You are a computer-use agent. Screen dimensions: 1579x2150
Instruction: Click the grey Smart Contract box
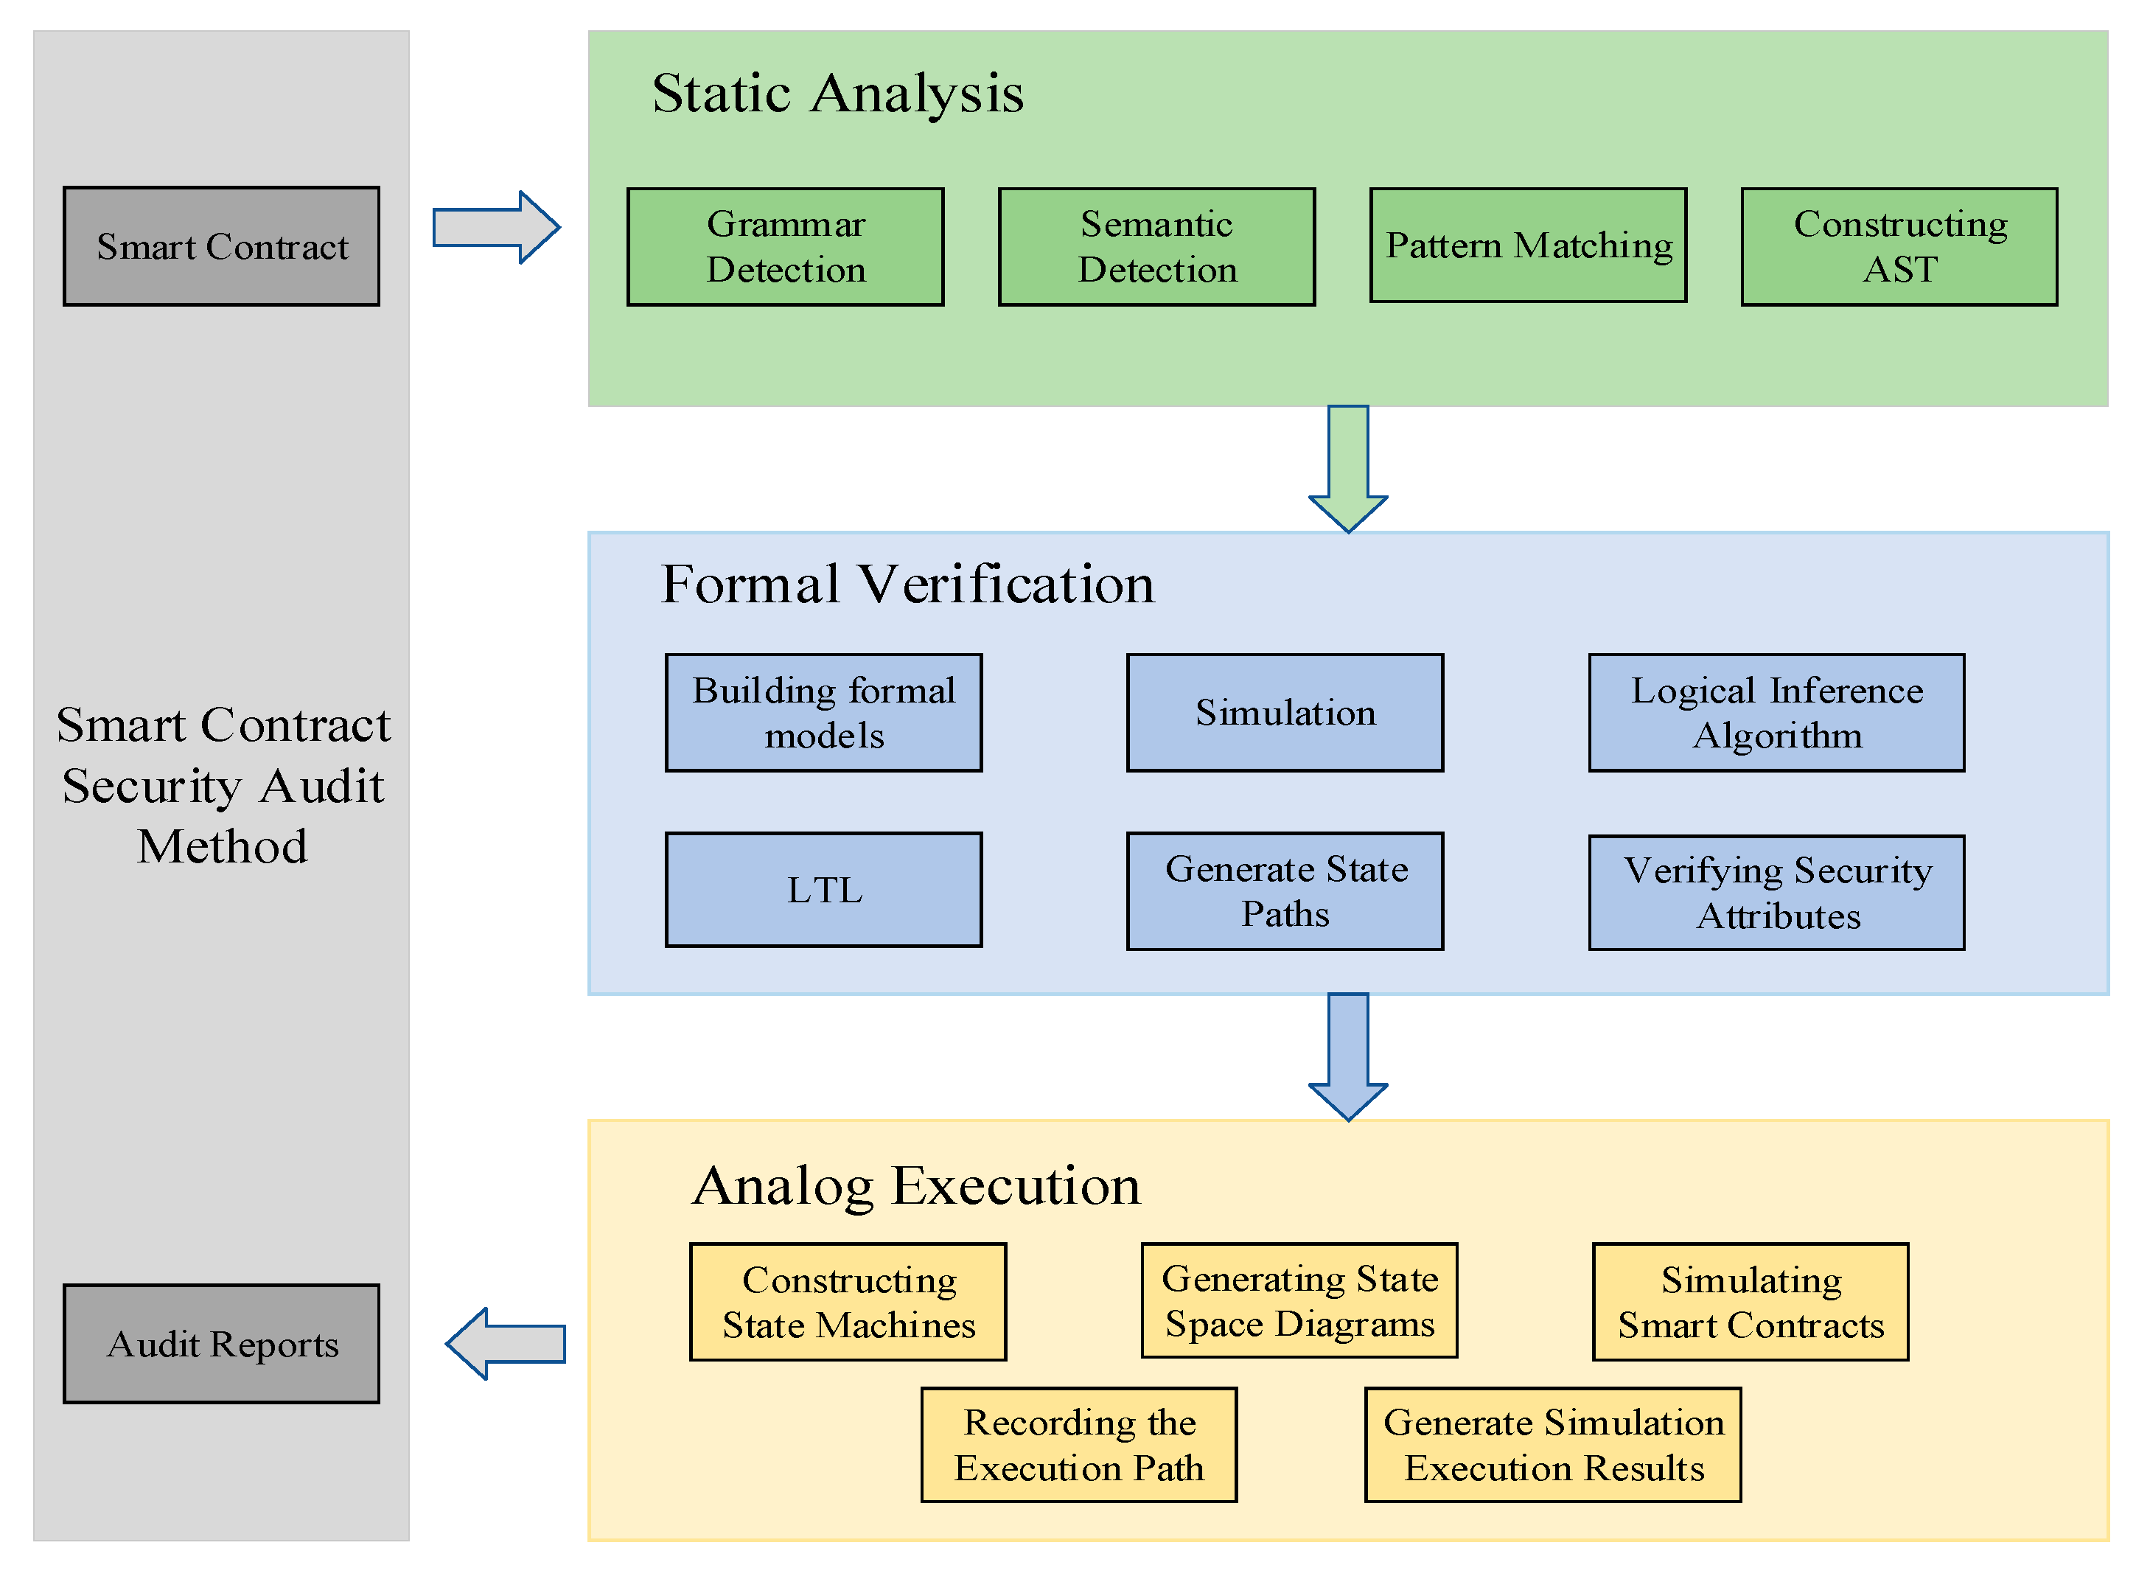(222, 247)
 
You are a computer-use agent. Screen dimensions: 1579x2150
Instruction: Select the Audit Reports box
(222, 1344)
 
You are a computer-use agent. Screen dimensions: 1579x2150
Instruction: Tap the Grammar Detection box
(786, 247)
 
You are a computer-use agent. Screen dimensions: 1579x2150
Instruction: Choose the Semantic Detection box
(1157, 247)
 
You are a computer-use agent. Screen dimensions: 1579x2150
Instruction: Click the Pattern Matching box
(1528, 245)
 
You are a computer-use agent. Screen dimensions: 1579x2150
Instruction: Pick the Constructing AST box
(1899, 247)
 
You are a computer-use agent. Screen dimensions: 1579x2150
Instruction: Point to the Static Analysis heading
(837, 94)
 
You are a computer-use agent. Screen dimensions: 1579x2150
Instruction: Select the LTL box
(824, 890)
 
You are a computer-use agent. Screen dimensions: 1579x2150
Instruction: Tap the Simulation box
(1285, 713)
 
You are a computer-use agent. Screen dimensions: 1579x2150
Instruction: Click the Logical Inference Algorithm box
(1776, 713)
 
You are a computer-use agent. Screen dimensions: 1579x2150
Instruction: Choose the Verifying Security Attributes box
(1776, 893)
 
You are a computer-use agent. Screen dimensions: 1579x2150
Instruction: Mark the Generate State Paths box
(1285, 890)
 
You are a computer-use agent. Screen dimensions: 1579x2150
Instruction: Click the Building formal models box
(824, 713)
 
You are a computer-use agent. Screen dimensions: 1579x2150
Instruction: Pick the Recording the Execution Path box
(1079, 1445)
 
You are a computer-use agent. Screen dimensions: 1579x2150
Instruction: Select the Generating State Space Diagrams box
(1299, 1301)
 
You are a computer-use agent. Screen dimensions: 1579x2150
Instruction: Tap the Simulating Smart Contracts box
(1751, 1302)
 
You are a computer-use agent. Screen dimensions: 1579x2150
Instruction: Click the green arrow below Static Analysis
(1348, 468)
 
